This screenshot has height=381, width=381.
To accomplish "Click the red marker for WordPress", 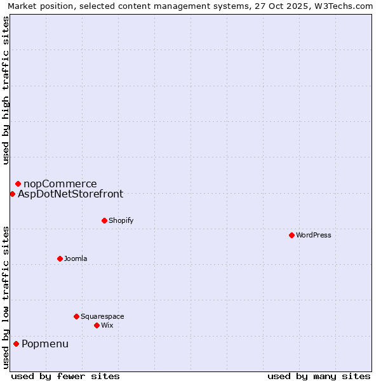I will point(291,235).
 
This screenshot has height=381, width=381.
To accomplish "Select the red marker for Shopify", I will point(104,220).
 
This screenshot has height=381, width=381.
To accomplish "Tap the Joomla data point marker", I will point(60,258).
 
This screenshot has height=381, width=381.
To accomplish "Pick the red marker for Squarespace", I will point(76,316).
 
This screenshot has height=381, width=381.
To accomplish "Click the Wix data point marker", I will point(97,325).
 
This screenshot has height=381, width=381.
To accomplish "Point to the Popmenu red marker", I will point(16,344).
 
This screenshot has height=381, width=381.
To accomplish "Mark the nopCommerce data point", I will point(18,184).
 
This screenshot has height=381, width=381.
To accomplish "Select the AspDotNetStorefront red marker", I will point(12,194).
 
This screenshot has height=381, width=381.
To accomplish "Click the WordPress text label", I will point(314,236).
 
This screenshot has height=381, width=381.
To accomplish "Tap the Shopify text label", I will point(121,221).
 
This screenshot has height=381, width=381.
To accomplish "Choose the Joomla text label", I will point(76,259).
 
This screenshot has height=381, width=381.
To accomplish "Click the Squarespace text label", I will point(102,317).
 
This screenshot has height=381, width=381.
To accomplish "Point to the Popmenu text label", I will point(45,344).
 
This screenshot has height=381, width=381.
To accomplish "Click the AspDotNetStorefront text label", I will point(70,194).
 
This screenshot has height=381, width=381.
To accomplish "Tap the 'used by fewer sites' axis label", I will point(65,376).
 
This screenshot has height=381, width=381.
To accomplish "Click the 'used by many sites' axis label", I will point(319,376).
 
